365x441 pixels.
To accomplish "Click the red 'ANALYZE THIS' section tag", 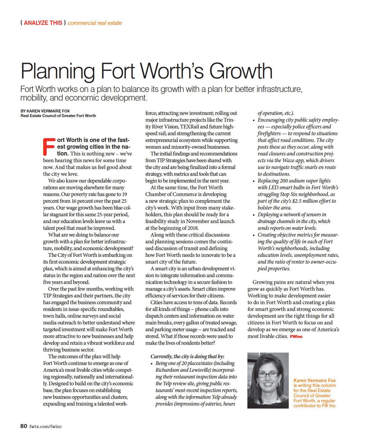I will pos(43,23).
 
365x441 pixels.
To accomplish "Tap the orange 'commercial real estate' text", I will pos(95,23).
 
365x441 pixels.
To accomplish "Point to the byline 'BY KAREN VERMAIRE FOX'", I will pos(45,111).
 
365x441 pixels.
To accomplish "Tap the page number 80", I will pos(24,426).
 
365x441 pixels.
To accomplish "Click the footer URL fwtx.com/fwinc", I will pos(45,427).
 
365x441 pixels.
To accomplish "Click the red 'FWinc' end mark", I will pos(296,336).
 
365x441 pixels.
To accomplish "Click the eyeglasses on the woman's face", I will pos(268,374).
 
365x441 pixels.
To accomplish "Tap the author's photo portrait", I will pos(268,380).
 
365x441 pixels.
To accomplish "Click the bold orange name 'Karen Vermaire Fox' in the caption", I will pos(314,380).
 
